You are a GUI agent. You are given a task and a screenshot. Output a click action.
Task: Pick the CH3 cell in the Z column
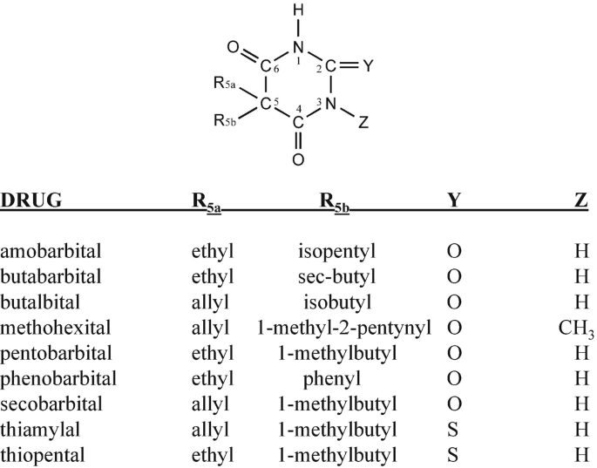(x=576, y=329)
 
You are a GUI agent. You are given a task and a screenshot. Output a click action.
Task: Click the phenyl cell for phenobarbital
(x=334, y=379)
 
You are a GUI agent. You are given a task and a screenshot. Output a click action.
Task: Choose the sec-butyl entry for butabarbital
(x=334, y=277)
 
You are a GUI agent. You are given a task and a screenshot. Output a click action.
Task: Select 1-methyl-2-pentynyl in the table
(x=334, y=329)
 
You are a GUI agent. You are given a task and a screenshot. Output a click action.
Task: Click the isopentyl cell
(x=334, y=252)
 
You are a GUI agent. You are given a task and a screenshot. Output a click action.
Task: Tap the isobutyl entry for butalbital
(x=334, y=302)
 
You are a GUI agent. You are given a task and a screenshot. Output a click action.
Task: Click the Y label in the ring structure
(x=370, y=65)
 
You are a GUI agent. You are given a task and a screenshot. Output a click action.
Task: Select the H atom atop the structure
(x=299, y=11)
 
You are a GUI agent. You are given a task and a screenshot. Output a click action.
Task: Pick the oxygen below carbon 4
(x=298, y=159)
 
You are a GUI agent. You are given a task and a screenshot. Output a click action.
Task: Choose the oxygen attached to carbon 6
(x=233, y=47)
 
